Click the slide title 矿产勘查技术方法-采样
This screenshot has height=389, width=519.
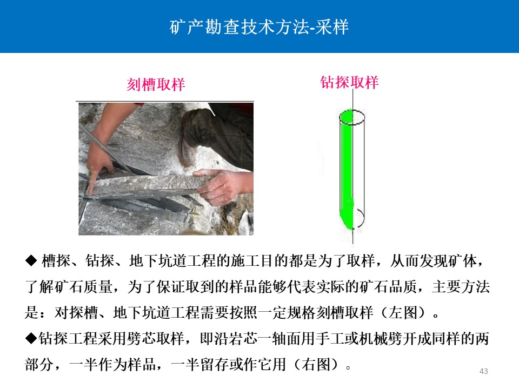(259, 27)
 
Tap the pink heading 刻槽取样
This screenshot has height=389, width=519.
(156, 84)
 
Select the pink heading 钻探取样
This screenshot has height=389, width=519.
(349, 82)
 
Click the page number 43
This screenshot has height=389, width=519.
(483, 371)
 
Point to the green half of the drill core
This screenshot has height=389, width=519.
(346, 169)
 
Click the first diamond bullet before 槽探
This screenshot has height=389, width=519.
(31, 261)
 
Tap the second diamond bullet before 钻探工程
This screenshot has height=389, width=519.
(31, 339)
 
